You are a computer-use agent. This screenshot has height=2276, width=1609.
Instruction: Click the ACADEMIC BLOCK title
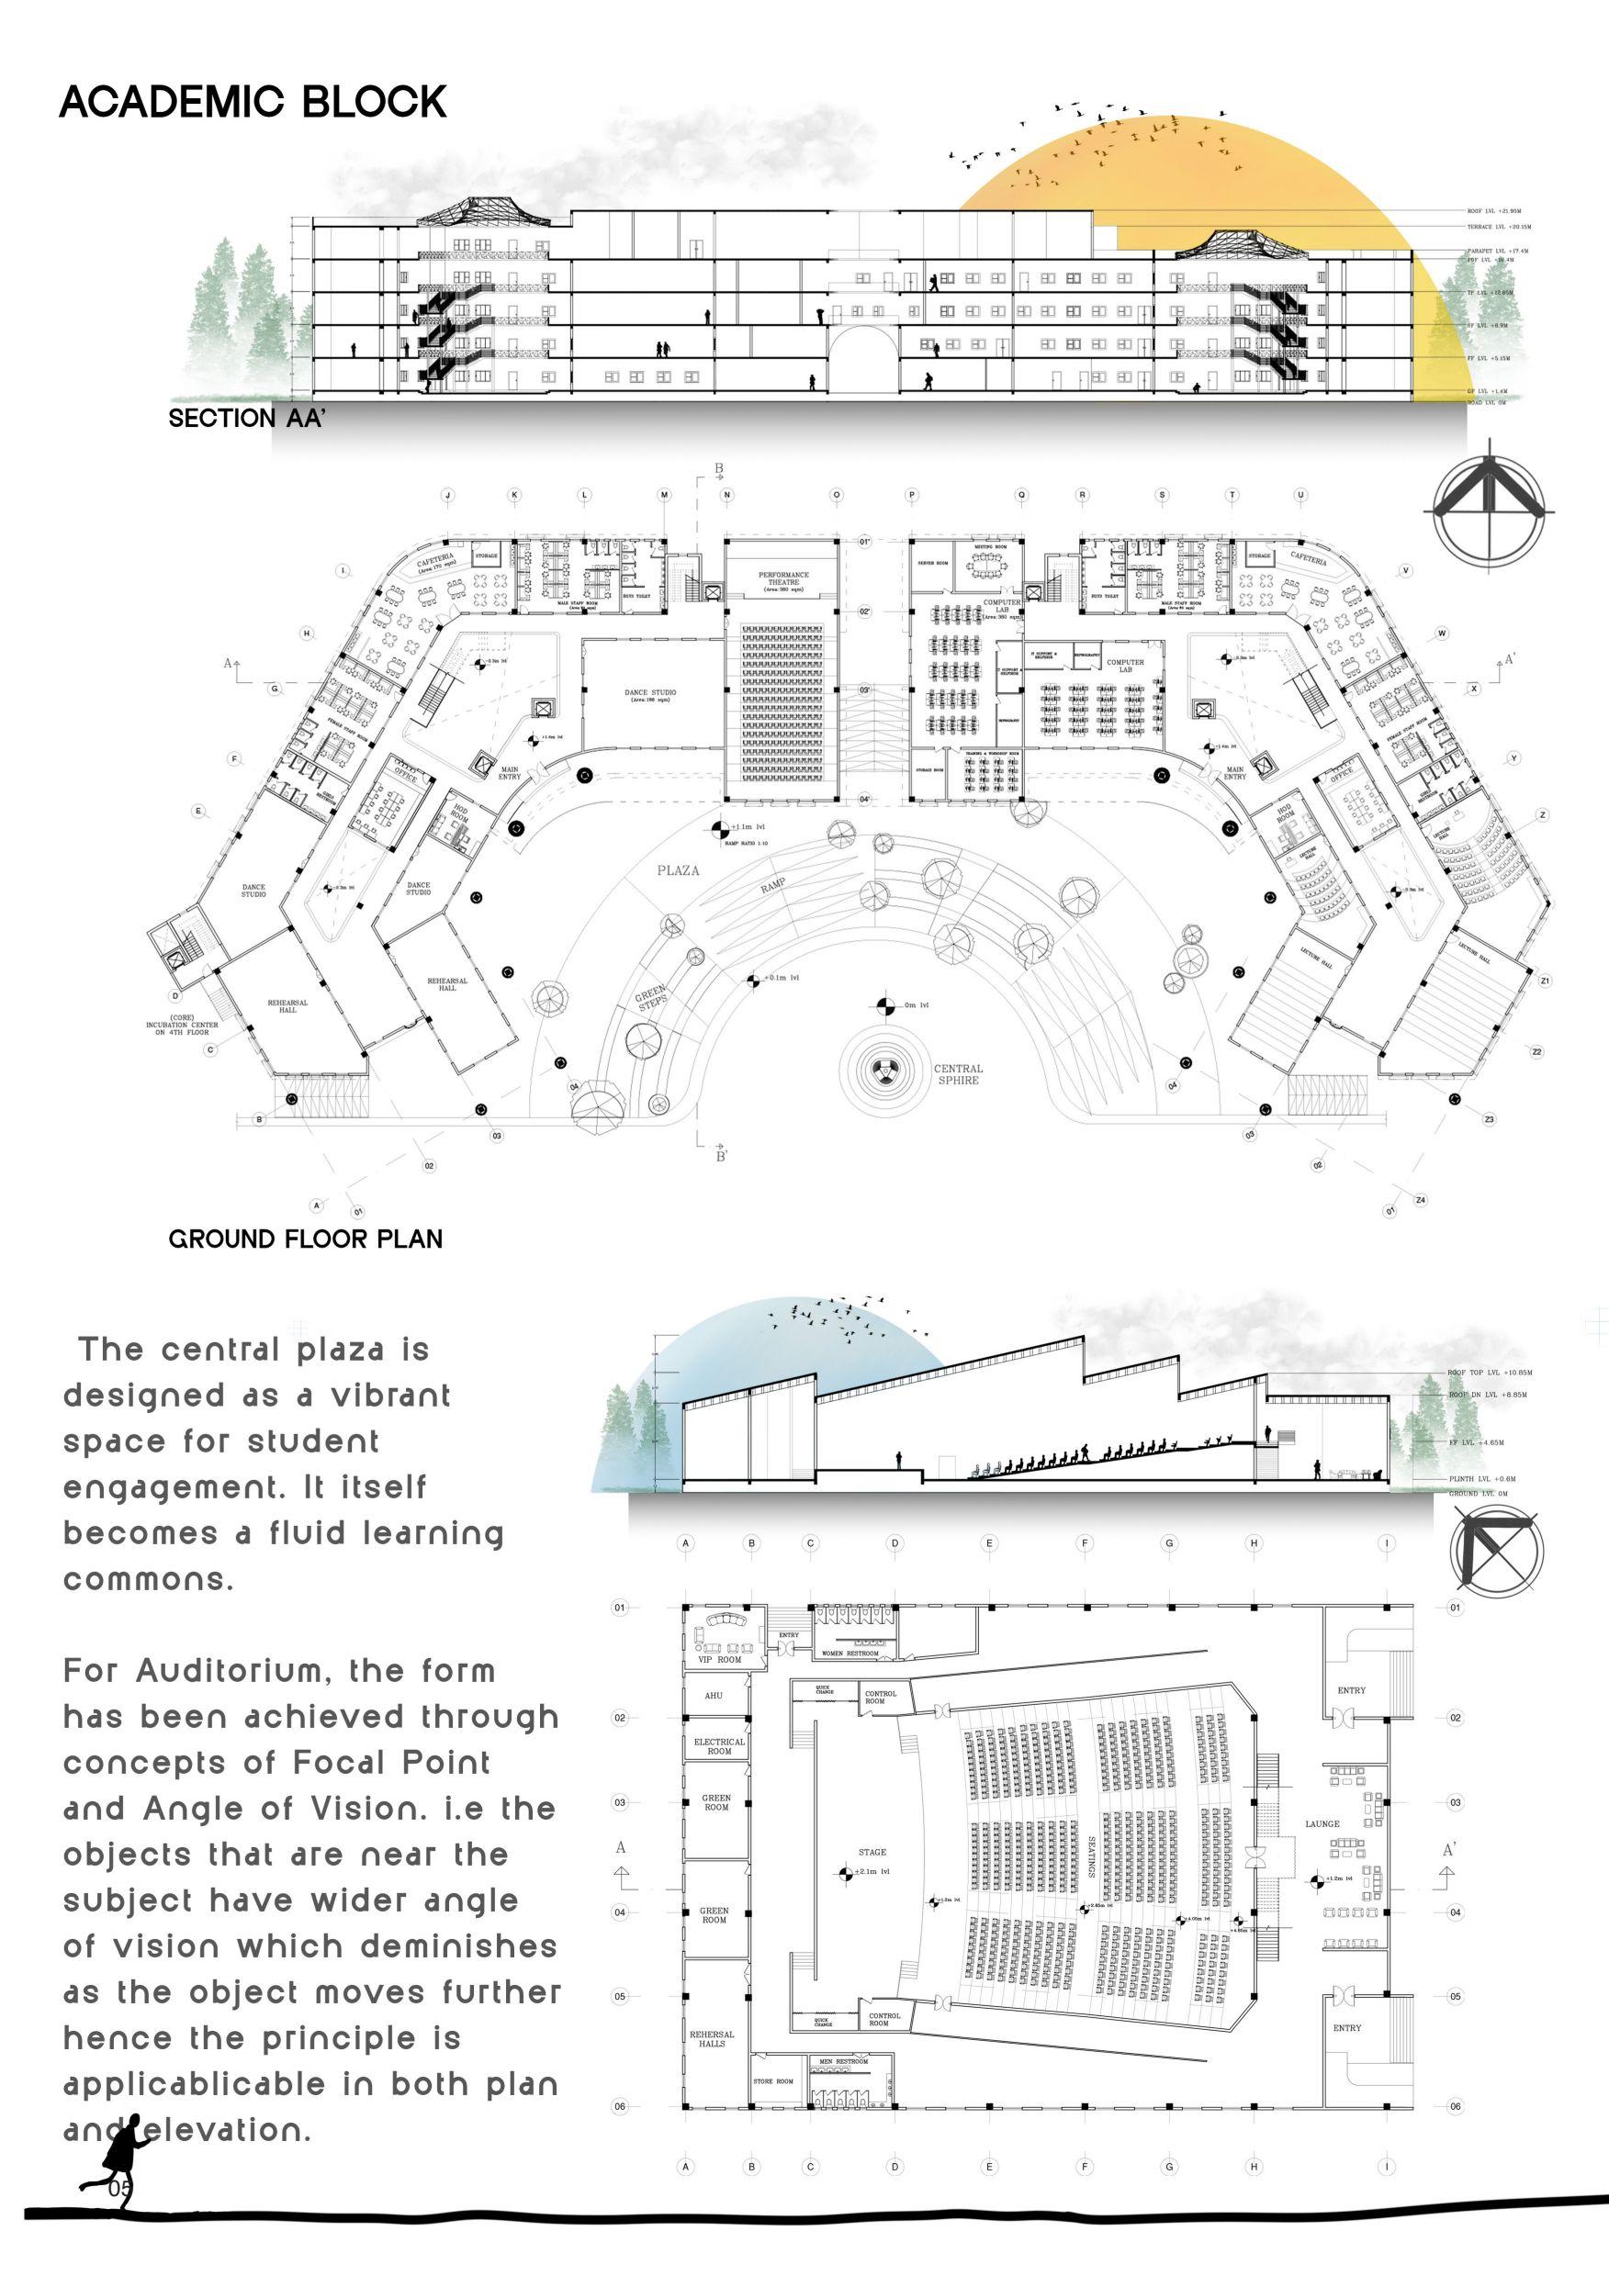tap(253, 102)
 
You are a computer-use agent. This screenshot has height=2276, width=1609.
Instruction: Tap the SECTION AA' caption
tap(246, 419)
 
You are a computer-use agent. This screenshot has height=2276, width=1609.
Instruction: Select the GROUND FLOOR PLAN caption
tap(305, 1239)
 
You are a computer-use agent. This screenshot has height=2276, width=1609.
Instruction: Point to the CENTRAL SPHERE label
tap(958, 1074)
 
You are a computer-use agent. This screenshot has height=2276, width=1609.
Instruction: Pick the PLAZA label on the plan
tap(678, 870)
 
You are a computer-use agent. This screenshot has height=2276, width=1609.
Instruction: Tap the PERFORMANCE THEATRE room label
tap(783, 579)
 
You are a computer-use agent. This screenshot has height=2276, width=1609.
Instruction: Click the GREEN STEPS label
tap(651, 999)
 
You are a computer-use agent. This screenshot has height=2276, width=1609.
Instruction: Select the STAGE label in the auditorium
tap(872, 1852)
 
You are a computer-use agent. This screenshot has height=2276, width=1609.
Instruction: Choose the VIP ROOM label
tap(719, 1659)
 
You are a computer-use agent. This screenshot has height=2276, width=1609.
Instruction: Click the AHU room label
tap(714, 1696)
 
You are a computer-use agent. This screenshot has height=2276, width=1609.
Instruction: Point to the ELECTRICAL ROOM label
tap(719, 1745)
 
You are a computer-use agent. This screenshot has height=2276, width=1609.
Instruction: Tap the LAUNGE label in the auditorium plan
tap(1322, 1824)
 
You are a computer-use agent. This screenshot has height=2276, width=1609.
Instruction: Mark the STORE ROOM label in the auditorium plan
tap(773, 2080)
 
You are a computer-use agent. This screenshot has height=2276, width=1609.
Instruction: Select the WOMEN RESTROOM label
tap(850, 1654)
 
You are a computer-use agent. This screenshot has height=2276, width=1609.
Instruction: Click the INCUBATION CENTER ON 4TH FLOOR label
tap(182, 1025)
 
